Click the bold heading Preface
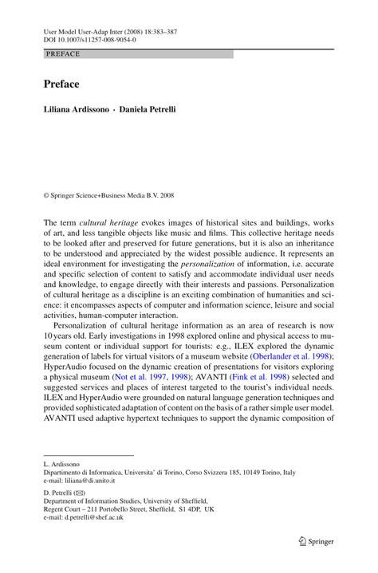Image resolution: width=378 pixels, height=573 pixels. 61,84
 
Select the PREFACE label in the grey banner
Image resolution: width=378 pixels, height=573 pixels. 63,54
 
